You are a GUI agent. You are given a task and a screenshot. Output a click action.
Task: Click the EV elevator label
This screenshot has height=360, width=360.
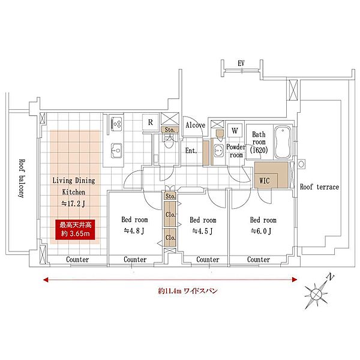tap(241, 63)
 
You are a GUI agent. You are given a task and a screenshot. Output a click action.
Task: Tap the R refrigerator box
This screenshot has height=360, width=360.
tap(151, 122)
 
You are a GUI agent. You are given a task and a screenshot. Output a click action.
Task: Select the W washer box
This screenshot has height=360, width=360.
tap(235, 131)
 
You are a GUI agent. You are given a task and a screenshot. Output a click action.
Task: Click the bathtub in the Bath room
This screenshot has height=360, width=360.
tap(283, 142)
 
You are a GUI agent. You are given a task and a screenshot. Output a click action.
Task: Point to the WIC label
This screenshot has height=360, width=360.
tap(264, 181)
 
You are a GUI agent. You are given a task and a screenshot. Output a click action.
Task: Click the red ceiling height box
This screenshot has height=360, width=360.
tap(75, 229)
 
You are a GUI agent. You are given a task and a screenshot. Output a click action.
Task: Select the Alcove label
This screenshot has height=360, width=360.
tap(196, 125)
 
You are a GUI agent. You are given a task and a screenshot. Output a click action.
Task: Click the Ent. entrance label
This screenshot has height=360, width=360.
tap(191, 151)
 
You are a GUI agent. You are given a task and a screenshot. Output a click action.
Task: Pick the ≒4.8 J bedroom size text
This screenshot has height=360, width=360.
tap(134, 231)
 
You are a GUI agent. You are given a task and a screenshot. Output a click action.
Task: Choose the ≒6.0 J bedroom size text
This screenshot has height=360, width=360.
tap(261, 231)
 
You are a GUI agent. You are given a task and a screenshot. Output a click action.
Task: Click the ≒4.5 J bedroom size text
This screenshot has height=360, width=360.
tap(202, 231)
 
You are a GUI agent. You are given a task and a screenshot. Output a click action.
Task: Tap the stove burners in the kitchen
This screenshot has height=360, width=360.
tap(116, 124)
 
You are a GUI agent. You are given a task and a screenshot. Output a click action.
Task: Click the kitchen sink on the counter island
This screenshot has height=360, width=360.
tap(116, 151)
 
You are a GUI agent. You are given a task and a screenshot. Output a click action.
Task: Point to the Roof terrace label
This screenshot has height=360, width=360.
tap(319, 187)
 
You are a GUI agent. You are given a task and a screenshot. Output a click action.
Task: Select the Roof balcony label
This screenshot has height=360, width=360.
tap(22, 178)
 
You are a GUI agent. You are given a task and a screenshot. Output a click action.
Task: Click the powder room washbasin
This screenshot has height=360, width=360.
tap(218, 151)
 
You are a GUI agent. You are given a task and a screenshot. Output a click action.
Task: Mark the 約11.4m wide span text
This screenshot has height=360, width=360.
tap(188, 291)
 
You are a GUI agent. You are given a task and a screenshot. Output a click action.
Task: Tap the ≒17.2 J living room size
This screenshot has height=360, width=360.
tap(73, 203)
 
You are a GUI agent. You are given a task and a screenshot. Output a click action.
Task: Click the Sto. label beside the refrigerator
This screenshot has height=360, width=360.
tap(170, 130)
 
